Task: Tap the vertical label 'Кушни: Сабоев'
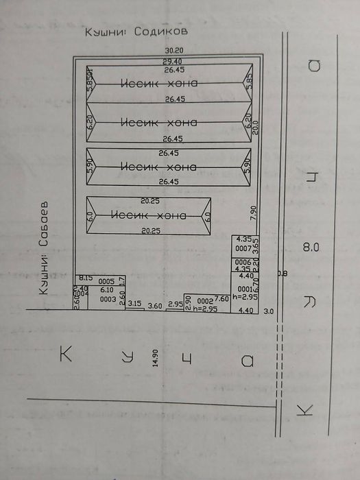point(43,249)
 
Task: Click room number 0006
point(243,262)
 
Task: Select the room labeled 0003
point(108,299)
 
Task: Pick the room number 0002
point(205,301)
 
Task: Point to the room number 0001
point(245,289)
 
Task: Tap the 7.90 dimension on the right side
point(253,211)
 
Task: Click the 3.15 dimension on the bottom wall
point(134,302)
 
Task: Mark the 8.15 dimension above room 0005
point(86,277)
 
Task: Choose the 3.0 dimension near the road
point(268,311)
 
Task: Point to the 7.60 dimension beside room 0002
point(221,298)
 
